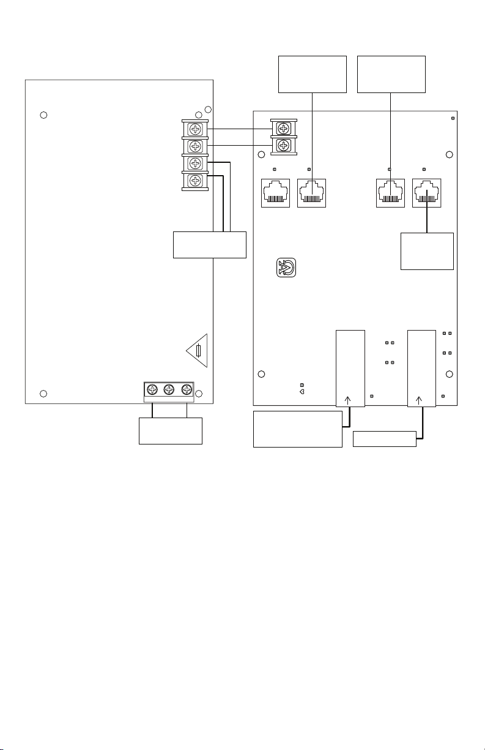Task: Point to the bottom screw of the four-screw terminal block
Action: click(x=195, y=181)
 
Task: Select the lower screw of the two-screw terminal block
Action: click(x=283, y=146)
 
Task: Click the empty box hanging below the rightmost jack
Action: click(x=427, y=251)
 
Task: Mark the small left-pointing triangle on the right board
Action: click(x=302, y=392)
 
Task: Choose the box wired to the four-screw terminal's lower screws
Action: click(x=210, y=245)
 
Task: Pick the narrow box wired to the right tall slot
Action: click(x=385, y=439)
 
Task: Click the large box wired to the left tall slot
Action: click(x=298, y=429)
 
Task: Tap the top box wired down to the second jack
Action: click(x=313, y=74)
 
